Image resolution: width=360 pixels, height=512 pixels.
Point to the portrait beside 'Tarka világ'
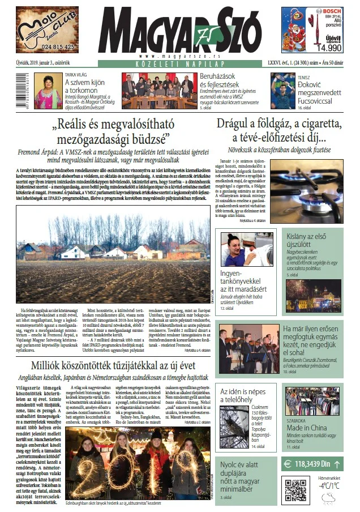(x=48, y=91)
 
